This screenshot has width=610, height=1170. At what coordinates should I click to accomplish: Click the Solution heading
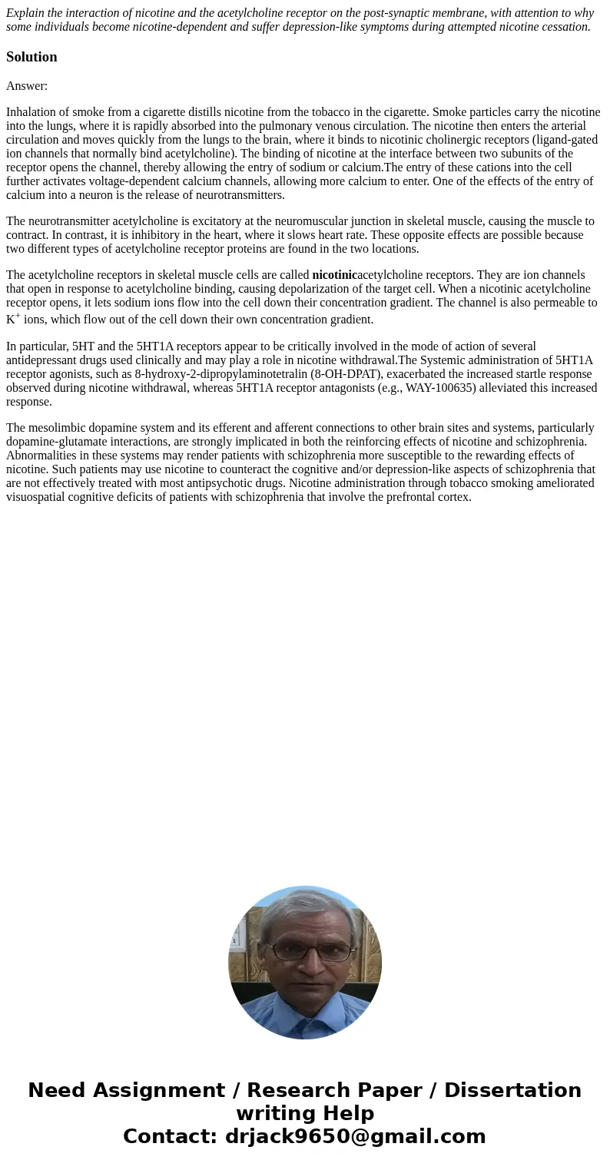[31, 57]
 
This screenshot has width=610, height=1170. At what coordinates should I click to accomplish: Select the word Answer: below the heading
[27, 86]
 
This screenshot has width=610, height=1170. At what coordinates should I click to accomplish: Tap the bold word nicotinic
[333, 275]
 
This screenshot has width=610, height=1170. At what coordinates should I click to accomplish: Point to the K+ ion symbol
[13, 318]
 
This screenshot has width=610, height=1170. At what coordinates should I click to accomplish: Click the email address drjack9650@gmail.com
[355, 1136]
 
